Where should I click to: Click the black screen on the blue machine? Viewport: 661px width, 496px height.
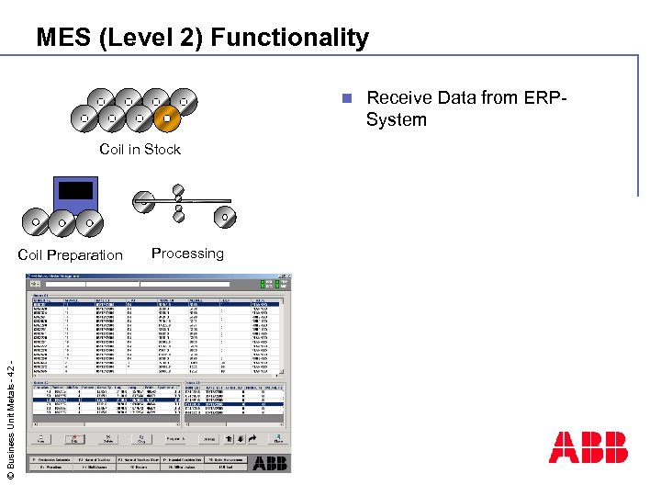tap(75, 191)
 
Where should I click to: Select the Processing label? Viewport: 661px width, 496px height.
tap(187, 254)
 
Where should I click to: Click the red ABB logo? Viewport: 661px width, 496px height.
tap(588, 447)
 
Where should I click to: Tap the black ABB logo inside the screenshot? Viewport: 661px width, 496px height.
tap(270, 463)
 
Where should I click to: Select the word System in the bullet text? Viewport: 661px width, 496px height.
tap(396, 120)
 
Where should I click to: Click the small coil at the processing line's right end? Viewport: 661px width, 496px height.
tap(225, 218)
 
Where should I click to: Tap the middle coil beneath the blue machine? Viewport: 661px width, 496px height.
tap(62, 222)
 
